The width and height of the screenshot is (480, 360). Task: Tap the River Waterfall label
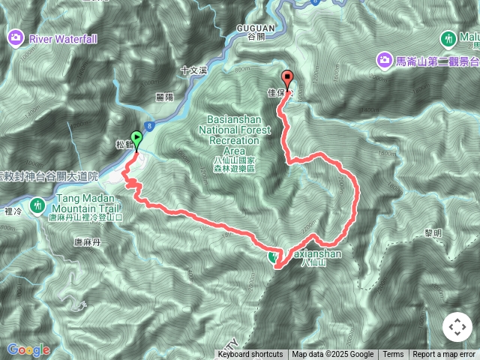tap(63, 37)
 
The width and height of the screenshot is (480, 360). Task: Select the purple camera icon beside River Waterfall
tap(15, 37)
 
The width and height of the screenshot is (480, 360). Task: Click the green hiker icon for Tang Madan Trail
tap(37, 204)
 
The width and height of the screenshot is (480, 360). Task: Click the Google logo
tap(28, 349)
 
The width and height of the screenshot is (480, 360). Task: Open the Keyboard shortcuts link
tap(250, 355)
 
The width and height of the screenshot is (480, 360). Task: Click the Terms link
tap(393, 355)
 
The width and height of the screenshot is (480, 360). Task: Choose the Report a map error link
tap(444, 355)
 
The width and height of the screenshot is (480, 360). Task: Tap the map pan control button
tap(456, 328)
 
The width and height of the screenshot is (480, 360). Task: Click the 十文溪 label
tap(193, 70)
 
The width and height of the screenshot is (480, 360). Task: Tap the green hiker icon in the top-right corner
tap(448, 37)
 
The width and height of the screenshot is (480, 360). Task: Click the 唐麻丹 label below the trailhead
tap(88, 241)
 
